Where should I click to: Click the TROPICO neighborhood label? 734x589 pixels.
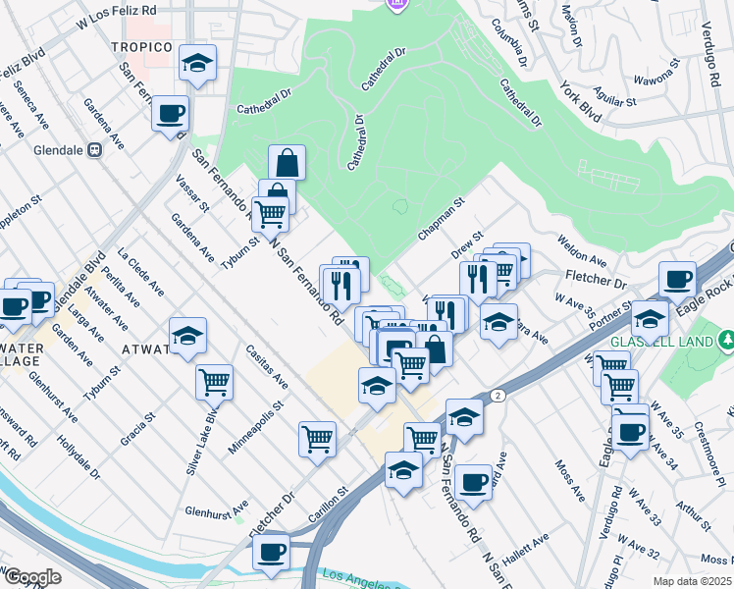pyautogui.click(x=141, y=47)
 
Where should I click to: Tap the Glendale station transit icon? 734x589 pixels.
pyautogui.click(x=95, y=150)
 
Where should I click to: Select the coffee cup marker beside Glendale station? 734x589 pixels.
pyautogui.click(x=170, y=114)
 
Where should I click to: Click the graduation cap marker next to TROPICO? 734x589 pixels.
pyautogui.click(x=197, y=65)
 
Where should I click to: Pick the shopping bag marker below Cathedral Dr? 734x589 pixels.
pyautogui.click(x=287, y=161)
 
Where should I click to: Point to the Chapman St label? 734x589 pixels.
pyautogui.click(x=441, y=220)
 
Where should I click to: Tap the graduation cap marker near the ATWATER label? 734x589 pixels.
pyautogui.click(x=187, y=336)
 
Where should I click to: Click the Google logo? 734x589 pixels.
pyautogui.click(x=32, y=577)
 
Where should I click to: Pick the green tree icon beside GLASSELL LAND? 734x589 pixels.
pyautogui.click(x=727, y=341)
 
